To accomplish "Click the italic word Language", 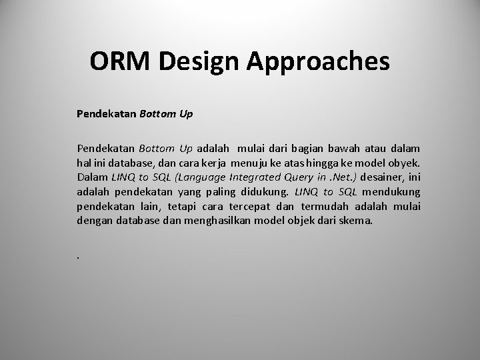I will [203, 177].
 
